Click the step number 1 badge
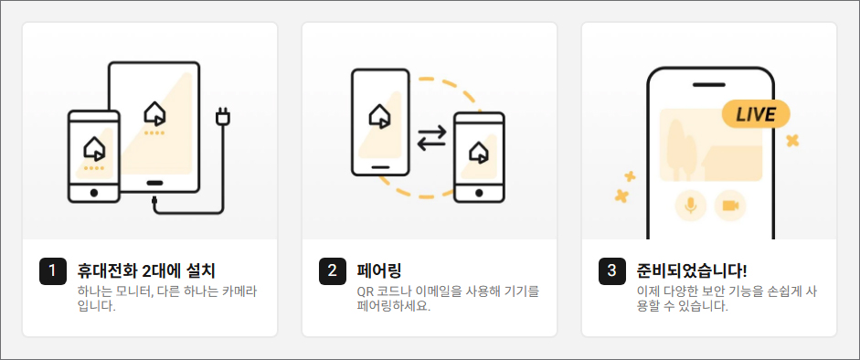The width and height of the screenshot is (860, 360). coord(53,271)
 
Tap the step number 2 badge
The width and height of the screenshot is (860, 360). coord(333,271)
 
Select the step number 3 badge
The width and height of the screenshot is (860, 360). coord(612,271)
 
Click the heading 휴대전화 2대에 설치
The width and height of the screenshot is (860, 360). coord(146,270)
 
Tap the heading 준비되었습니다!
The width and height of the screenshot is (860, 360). coord(692,270)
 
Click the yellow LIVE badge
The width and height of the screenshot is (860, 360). coord(756,114)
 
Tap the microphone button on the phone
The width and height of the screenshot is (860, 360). coord(691,206)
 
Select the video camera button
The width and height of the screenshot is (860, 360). coord(730,206)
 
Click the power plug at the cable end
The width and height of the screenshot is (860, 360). coord(223,116)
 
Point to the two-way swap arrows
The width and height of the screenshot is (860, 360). coord(432,139)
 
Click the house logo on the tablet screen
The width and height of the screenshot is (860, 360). coord(154,113)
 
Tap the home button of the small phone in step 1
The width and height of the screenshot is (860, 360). coord(94,193)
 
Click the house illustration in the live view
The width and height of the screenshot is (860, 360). coord(732,164)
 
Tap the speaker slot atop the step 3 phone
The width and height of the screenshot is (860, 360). coord(708,85)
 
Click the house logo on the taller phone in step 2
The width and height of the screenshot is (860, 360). coord(380,116)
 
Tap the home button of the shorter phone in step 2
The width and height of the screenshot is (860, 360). coord(480,193)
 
